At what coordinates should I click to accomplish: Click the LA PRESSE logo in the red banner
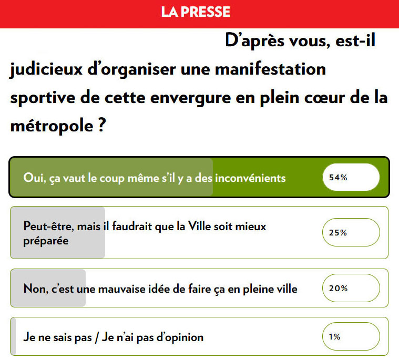[196, 12]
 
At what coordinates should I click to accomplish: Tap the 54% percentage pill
[351, 177]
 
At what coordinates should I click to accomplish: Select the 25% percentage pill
[351, 232]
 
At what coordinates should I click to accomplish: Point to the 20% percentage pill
[351, 288]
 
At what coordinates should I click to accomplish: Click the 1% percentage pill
[351, 336]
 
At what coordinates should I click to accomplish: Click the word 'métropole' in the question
[52, 126]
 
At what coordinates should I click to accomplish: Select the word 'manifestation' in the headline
[270, 69]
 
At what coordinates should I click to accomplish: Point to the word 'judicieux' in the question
[46, 70]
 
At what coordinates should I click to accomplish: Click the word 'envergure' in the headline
[190, 98]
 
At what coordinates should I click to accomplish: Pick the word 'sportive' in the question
[43, 98]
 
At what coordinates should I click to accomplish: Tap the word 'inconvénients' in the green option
[250, 178]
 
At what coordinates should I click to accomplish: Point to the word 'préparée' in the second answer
[46, 241]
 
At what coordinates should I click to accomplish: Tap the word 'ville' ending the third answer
[287, 289]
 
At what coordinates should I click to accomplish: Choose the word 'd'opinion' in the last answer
[180, 337]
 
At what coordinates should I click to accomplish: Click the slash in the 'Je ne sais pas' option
[97, 337]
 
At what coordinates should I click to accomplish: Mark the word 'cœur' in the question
[324, 98]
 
